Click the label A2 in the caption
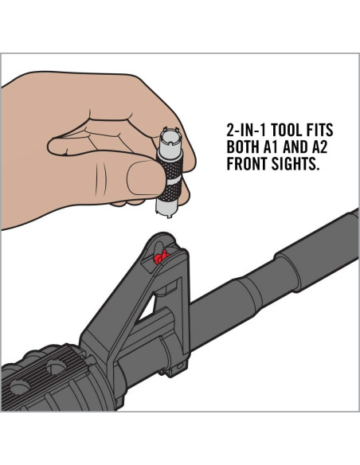click(x=319, y=147)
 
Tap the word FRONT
click(x=248, y=163)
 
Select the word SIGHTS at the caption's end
click(x=295, y=163)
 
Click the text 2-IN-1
click(x=247, y=130)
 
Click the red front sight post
click(x=161, y=257)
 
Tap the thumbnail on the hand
click(x=144, y=178)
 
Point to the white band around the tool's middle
click(x=174, y=182)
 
